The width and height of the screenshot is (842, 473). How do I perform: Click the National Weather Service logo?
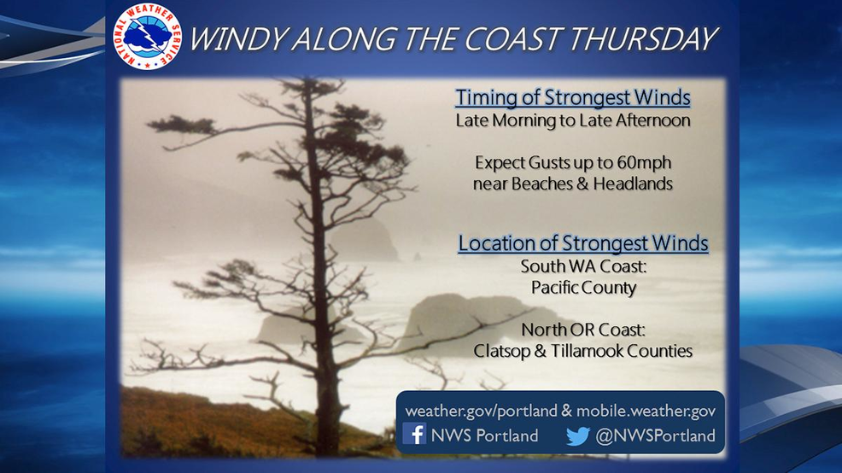click(x=147, y=36)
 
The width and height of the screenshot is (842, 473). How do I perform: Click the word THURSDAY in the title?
click(x=642, y=39)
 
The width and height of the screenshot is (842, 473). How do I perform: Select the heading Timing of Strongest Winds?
click(x=573, y=97)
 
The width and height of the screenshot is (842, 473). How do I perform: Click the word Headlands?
click(x=633, y=184)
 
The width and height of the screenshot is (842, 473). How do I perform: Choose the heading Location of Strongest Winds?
click(x=583, y=243)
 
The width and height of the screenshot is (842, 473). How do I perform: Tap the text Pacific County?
click(x=584, y=288)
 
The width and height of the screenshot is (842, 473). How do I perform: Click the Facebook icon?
click(x=414, y=434)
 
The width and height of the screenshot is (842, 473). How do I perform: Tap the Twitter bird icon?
click(x=578, y=435)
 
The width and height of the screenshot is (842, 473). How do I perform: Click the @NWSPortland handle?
click(x=655, y=435)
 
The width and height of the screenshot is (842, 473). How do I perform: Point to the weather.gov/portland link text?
click(x=481, y=412)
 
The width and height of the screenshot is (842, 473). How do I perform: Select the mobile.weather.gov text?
click(x=646, y=412)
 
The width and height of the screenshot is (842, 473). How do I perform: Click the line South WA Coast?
click(x=584, y=266)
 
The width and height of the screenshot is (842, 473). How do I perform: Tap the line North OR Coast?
click(x=584, y=329)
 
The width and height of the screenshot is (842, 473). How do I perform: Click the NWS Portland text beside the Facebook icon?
click(x=484, y=435)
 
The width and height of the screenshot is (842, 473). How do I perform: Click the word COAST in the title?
click(x=511, y=39)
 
